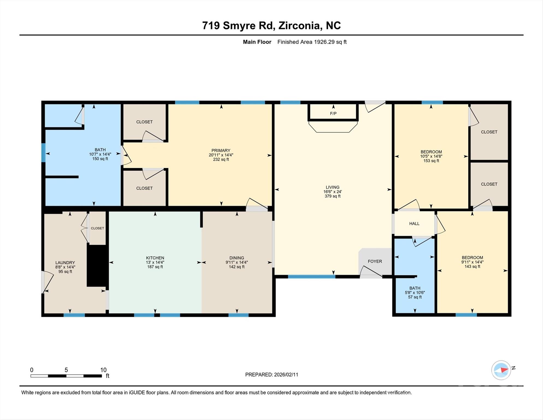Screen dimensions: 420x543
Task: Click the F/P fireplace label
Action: pyautogui.click(x=333, y=113)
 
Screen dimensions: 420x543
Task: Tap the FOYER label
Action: pyautogui.click(x=375, y=261)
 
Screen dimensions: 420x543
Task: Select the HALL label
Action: pyautogui.click(x=414, y=224)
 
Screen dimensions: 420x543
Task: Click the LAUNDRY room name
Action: pyautogui.click(x=65, y=262)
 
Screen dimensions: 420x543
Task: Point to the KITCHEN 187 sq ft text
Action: pyautogui.click(x=155, y=267)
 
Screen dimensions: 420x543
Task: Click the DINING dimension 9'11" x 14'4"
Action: pyautogui.click(x=237, y=262)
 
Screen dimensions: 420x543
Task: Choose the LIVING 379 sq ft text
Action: pyautogui.click(x=332, y=196)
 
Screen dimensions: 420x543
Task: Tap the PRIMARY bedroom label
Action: pyautogui.click(x=221, y=150)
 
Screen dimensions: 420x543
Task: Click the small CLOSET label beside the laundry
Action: pyautogui.click(x=97, y=228)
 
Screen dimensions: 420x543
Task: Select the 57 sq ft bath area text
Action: pyautogui.click(x=415, y=297)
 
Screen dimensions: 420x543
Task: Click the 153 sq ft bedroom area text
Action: pyautogui.click(x=431, y=161)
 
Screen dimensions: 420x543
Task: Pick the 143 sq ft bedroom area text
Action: pyautogui.click(x=472, y=266)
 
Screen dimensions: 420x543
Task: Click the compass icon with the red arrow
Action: pyautogui.click(x=501, y=370)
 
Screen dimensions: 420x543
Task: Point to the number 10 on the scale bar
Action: pyautogui.click(x=103, y=370)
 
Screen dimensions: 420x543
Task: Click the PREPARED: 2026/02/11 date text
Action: pyautogui.click(x=271, y=375)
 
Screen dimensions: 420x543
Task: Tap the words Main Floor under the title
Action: pyautogui.click(x=257, y=42)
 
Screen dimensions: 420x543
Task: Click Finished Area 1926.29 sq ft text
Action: pyautogui.click(x=312, y=42)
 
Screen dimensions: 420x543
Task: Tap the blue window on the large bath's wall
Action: pyautogui.click(x=43, y=152)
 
